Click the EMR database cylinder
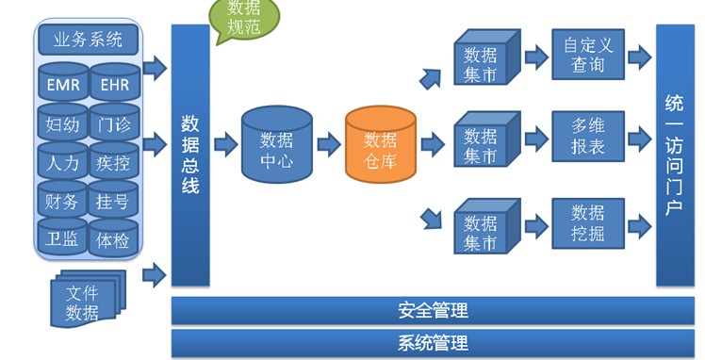click(63, 82)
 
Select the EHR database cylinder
click(115, 82)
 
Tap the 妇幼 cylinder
click(62, 123)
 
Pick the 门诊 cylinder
click(114, 123)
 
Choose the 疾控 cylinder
click(113, 161)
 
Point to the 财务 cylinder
click(62, 200)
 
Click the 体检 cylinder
click(113, 238)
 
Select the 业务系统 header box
click(89, 40)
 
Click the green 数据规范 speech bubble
click(244, 18)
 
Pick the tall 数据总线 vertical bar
click(190, 155)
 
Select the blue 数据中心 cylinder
click(276, 145)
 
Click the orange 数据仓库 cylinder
click(381, 145)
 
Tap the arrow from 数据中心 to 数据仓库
click(329, 144)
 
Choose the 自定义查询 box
click(588, 55)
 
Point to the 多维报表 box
click(588, 137)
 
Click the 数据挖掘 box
click(588, 223)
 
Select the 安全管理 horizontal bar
click(433, 310)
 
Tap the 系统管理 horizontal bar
click(433, 343)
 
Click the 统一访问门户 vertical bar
click(675, 155)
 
